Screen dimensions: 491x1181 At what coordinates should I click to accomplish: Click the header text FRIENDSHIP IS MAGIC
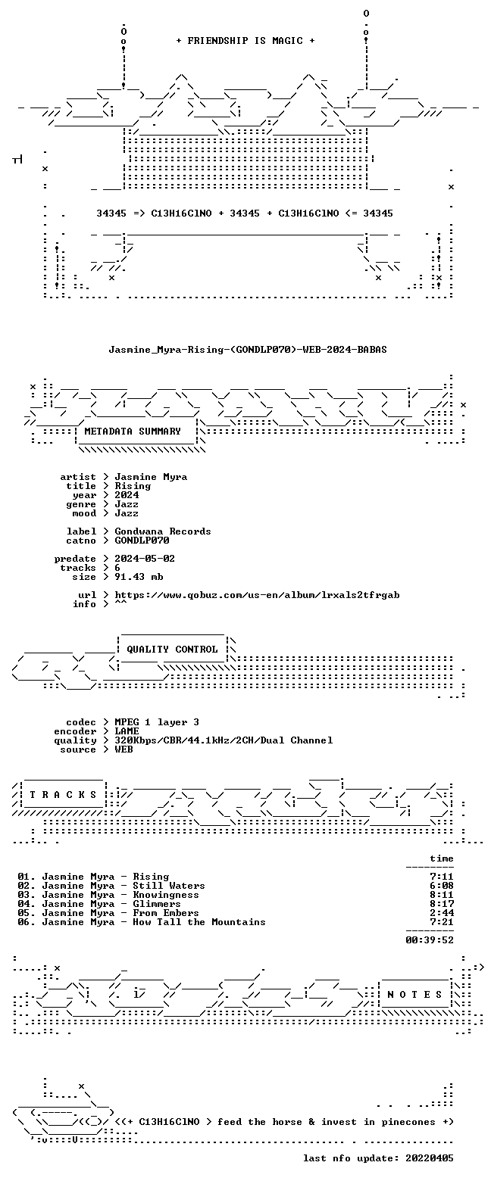pyautogui.click(x=245, y=41)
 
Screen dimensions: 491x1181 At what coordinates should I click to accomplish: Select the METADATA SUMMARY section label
pyautogui.click(x=133, y=432)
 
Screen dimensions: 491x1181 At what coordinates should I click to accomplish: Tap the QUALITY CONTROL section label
pyautogui.click(x=172, y=650)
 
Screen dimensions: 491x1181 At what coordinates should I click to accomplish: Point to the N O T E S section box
pyautogui.click(x=414, y=994)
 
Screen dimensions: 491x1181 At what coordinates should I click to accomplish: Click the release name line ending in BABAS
pyautogui.click(x=248, y=350)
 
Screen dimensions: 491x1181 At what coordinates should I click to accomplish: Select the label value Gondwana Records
pyautogui.click(x=163, y=531)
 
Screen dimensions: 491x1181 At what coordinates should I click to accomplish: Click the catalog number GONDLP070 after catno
pyautogui.click(x=142, y=541)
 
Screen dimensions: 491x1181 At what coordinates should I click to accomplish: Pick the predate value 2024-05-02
pyautogui.click(x=145, y=559)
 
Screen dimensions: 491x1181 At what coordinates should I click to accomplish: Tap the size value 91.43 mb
pyautogui.click(x=139, y=577)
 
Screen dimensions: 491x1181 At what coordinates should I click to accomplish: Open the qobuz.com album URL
pyautogui.click(x=257, y=595)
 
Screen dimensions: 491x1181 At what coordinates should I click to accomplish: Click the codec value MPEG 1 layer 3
pyautogui.click(x=157, y=722)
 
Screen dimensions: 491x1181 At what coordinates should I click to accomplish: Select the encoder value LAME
pyautogui.click(x=127, y=731)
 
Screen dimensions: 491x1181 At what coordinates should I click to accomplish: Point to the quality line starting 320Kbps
pyautogui.click(x=224, y=740)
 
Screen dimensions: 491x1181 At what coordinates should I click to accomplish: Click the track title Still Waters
pyautogui.click(x=168, y=886)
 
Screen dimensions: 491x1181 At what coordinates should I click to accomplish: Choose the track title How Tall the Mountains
pyautogui.click(x=199, y=922)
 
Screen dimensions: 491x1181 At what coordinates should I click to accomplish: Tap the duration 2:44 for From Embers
pyautogui.click(x=442, y=913)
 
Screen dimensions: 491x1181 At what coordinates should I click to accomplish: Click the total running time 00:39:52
pyautogui.click(x=429, y=940)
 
